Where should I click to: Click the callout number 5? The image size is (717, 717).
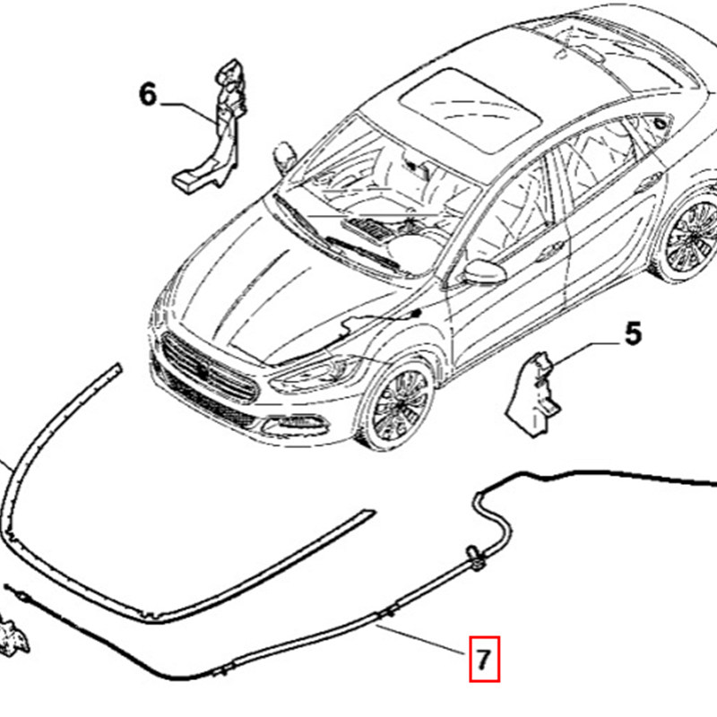[x=633, y=334]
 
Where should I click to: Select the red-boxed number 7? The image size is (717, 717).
[x=482, y=661]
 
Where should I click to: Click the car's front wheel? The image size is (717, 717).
[x=401, y=402]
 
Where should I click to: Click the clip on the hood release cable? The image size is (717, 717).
[x=474, y=561]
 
